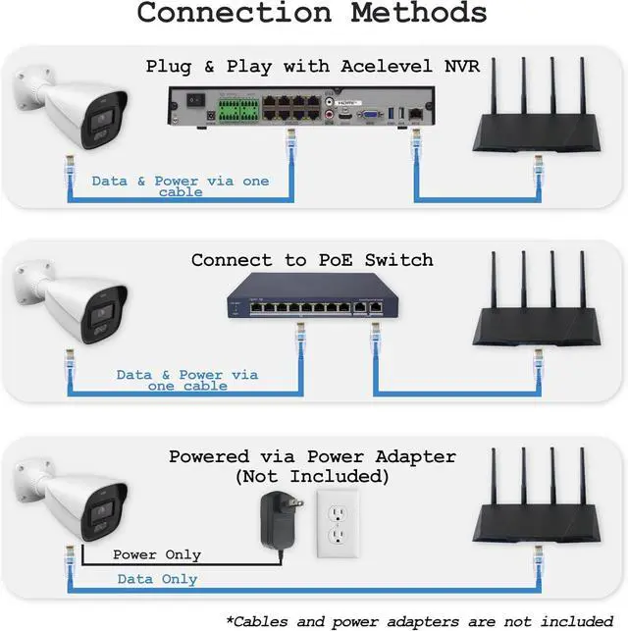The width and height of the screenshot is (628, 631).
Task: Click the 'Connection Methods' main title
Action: [x=312, y=14]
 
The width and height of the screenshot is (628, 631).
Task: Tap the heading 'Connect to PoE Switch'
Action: [x=312, y=260]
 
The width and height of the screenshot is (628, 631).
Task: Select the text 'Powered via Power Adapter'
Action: [x=312, y=456]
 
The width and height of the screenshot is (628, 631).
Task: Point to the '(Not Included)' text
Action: [x=312, y=477]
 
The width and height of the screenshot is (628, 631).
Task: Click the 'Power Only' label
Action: [x=157, y=554]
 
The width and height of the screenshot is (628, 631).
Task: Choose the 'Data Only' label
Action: [x=157, y=579]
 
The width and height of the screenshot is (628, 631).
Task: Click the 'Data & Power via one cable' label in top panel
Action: [x=180, y=186]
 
